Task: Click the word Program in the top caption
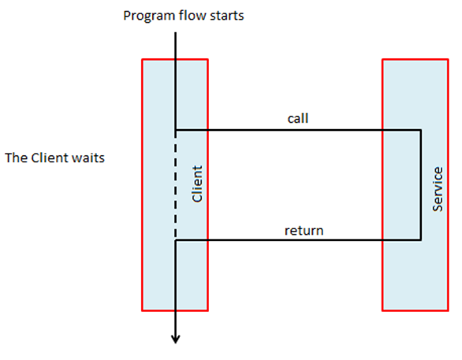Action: tap(145, 17)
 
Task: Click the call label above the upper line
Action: tap(298, 119)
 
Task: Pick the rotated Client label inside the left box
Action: tap(197, 184)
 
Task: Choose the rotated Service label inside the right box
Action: tap(439, 187)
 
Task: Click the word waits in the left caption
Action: tap(89, 158)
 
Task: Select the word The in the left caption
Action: tap(17, 158)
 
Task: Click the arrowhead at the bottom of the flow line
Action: tap(175, 340)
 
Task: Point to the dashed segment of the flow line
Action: tap(175, 185)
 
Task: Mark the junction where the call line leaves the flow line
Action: tap(175, 130)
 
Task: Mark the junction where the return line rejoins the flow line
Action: tap(175, 240)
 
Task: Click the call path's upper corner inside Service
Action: tap(420, 130)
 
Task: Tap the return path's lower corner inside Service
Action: tap(420, 240)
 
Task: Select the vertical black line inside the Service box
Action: tap(420, 185)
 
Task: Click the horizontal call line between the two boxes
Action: tap(296, 130)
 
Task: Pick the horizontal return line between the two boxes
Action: tap(296, 240)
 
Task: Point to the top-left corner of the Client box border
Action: tap(142, 60)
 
